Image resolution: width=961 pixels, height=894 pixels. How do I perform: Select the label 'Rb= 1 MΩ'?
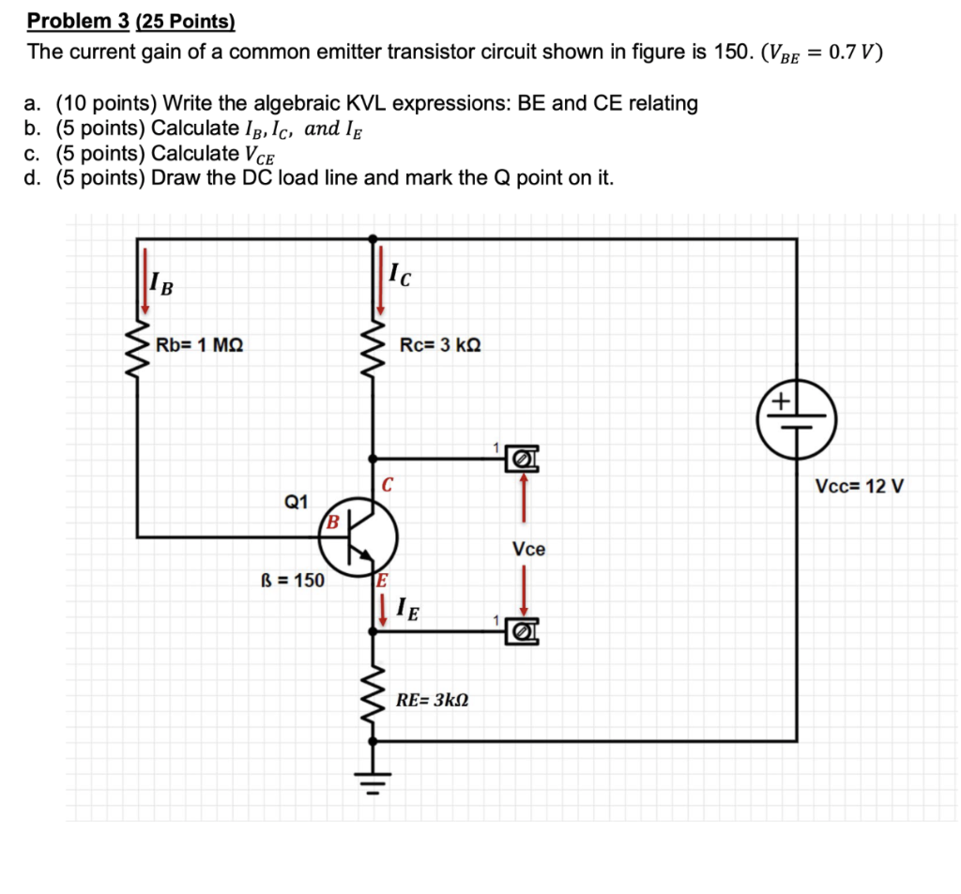coord(200,344)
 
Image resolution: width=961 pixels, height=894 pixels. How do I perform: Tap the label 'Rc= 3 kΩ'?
coord(440,344)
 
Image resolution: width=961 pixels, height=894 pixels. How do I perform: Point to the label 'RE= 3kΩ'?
coord(433,700)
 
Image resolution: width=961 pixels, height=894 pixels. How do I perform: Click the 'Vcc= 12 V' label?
coord(859,487)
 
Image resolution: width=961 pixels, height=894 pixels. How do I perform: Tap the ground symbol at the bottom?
coord(374,778)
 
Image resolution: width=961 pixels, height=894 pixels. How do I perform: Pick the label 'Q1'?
coord(296,502)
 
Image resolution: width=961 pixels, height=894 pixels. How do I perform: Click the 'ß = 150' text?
coord(292,580)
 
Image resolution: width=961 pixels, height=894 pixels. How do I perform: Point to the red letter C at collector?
coord(387,485)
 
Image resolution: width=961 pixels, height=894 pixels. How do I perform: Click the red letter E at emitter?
coord(381,579)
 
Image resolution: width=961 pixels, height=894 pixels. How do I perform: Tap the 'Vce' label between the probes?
coord(528,549)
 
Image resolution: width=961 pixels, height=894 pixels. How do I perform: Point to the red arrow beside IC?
coord(380,279)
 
